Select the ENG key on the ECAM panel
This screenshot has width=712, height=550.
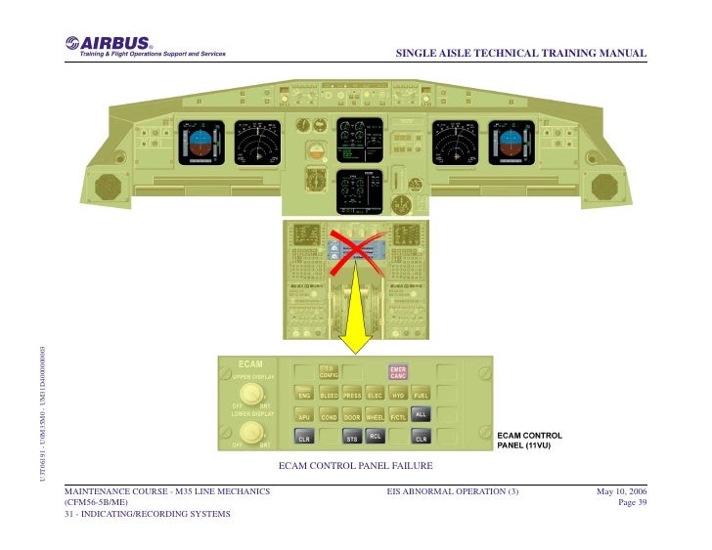click(x=304, y=396)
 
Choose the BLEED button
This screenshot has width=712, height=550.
click(x=329, y=396)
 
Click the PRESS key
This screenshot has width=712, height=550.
click(x=352, y=396)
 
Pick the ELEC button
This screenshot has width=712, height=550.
click(x=375, y=396)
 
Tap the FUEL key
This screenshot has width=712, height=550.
click(x=422, y=396)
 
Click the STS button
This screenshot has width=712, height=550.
click(x=352, y=440)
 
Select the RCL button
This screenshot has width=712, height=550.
click(x=375, y=437)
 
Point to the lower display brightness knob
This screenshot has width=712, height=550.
click(x=252, y=431)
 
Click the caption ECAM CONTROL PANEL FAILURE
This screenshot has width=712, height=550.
click(x=355, y=465)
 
